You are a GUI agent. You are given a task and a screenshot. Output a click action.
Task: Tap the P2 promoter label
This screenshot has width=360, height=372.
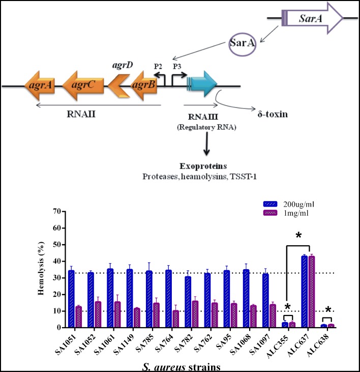[x=159, y=66]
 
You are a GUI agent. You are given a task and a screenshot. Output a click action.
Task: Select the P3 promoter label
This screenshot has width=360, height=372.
[x=177, y=66]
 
